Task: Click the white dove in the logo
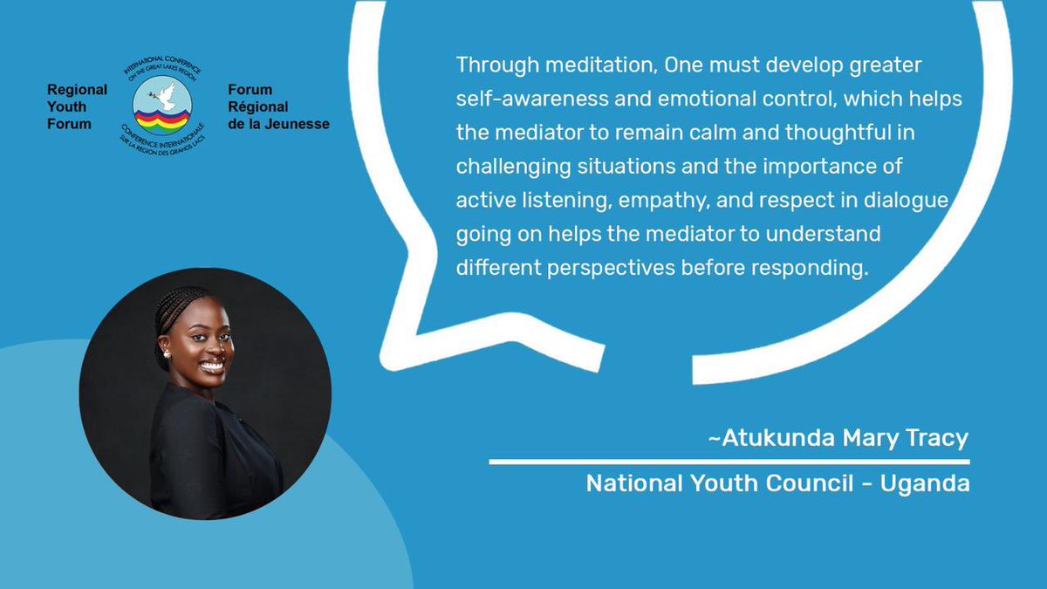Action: pyautogui.click(x=163, y=95)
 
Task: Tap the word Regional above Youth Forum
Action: pyautogui.click(x=78, y=90)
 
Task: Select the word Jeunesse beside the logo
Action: pyautogui.click(x=300, y=124)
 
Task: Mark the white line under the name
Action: pyautogui.click(x=729, y=461)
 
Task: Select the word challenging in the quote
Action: pyautogui.click(x=509, y=166)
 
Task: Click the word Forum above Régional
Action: pyautogui.click(x=250, y=90)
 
